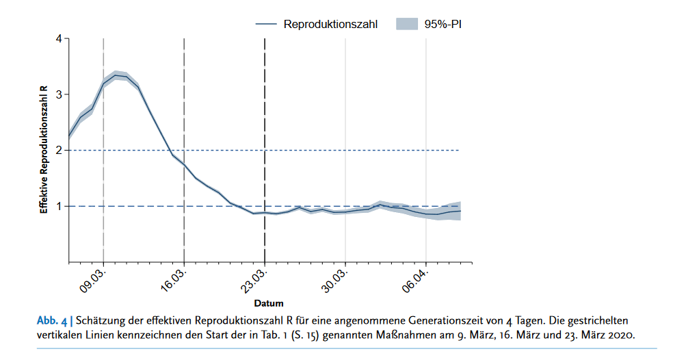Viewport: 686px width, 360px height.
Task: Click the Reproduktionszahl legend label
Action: click(330, 24)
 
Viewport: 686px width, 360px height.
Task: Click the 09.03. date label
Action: click(94, 280)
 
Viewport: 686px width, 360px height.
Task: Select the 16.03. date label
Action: click(174, 280)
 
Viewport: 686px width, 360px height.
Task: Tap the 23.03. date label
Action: click(255, 280)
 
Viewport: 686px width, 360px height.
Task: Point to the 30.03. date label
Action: click(336, 280)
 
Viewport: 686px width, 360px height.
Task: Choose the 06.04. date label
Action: click(417, 280)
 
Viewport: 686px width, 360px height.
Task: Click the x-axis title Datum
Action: click(269, 303)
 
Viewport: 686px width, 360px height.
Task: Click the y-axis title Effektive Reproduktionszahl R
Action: click(43, 150)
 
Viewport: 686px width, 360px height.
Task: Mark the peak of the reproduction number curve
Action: click(116, 75)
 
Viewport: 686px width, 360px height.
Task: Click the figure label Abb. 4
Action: click(52, 320)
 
